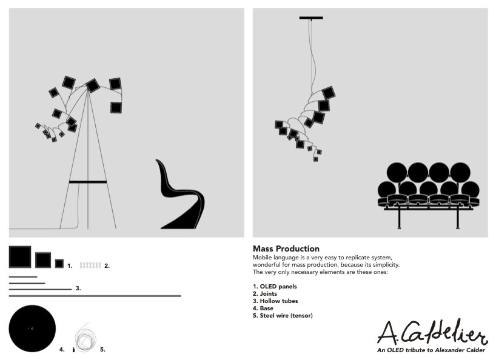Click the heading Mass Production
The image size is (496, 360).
click(x=286, y=248)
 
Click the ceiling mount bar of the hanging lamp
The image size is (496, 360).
click(x=311, y=18)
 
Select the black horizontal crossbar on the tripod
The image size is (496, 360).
click(x=88, y=182)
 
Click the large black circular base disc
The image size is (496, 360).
click(x=32, y=328)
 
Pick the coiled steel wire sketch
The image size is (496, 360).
click(x=84, y=338)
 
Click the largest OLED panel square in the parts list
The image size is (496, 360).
click(x=20, y=256)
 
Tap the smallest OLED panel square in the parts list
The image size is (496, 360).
click(x=59, y=264)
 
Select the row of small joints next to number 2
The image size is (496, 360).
click(x=90, y=265)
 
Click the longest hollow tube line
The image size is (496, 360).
click(x=95, y=296)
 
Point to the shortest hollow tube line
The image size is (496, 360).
click(x=23, y=277)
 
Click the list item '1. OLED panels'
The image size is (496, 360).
click(x=275, y=286)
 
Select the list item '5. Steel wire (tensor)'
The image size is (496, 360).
click(x=283, y=315)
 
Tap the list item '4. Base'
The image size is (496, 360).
click(x=263, y=308)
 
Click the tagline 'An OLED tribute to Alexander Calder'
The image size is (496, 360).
click(x=431, y=350)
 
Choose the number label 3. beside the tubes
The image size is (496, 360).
click(x=78, y=288)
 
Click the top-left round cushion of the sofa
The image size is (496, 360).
click(x=397, y=173)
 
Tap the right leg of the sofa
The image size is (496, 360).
click(x=458, y=219)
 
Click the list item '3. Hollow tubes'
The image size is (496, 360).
click(x=275, y=301)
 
